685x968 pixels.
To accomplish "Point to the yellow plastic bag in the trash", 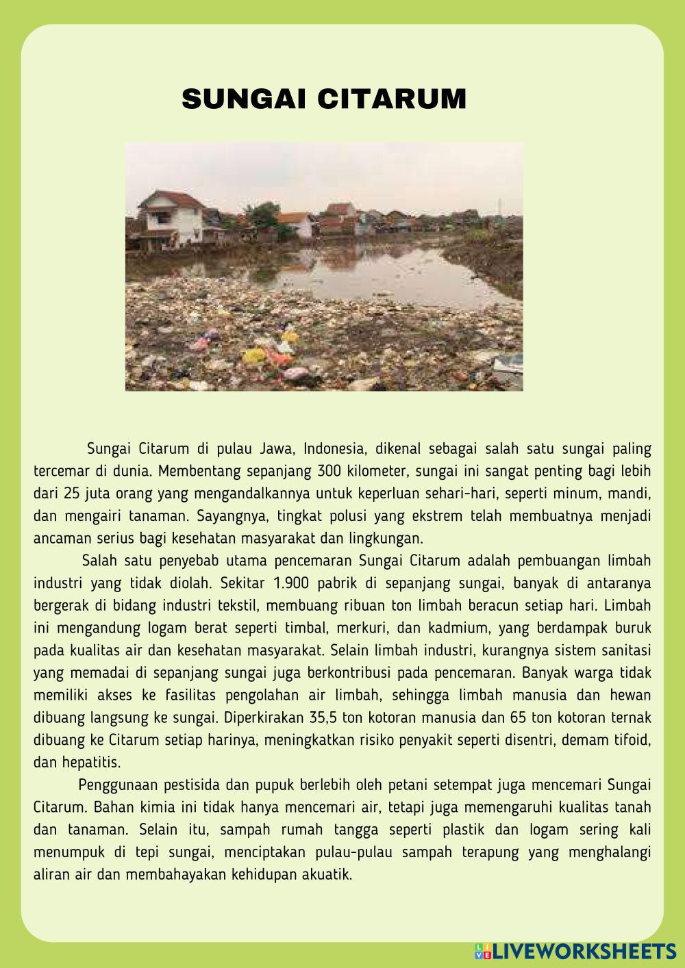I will point(255,355).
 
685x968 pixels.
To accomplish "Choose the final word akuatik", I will point(326,874).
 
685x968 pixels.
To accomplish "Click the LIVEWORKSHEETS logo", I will point(575,950).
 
